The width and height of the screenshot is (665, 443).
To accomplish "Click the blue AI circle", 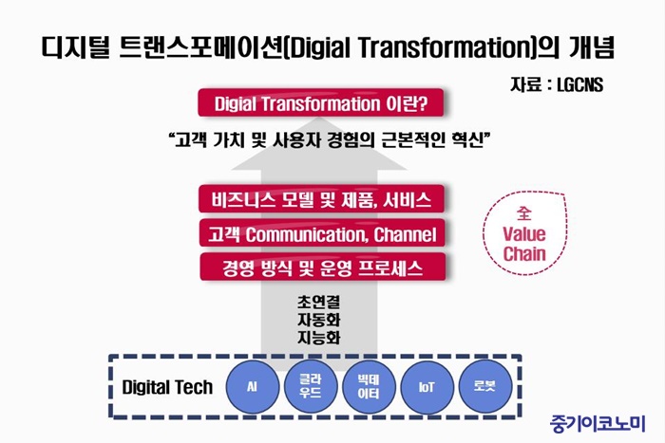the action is pos(253,387).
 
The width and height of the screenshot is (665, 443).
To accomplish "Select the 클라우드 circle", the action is pos(310,387).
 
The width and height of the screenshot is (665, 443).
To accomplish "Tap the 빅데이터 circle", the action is pos(369,387).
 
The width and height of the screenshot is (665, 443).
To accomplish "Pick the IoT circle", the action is pos(427,387).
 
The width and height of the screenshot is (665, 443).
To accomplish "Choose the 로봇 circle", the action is pos(484,387).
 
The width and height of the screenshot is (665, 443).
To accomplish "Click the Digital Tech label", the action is pos(167,388).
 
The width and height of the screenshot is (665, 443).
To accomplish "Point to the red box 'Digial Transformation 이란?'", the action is pos(321,102).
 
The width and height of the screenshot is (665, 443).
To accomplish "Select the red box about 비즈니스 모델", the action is pos(321,199).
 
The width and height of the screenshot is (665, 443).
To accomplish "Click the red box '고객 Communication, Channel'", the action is pos(322,233).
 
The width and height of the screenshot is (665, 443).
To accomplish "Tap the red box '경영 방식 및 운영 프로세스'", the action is pos(323,268).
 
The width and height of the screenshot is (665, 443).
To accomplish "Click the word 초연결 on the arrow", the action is pos(319,302).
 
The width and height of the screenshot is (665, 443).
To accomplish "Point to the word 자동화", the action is pos(319,320).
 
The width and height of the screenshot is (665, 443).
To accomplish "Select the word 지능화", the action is pos(319,338).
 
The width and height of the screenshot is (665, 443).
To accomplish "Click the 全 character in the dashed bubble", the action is pos(524,213).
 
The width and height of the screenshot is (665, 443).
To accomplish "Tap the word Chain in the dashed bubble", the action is pos(524,253).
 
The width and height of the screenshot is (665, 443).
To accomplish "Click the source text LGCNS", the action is pos(579,85).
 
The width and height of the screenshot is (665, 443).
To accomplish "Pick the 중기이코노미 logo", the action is pos(598,424).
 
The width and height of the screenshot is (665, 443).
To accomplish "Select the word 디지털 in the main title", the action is pos(76,47).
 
